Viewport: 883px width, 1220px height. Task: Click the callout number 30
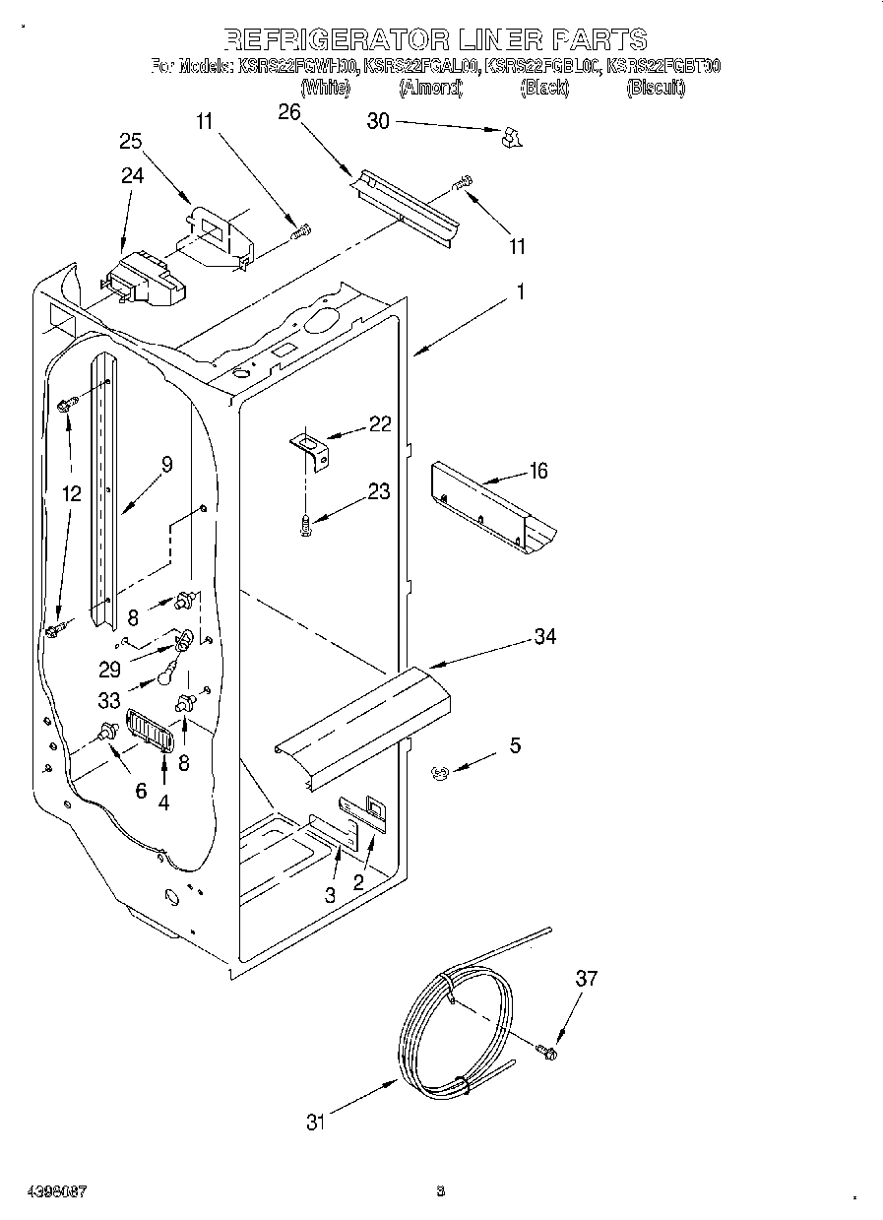[x=378, y=121]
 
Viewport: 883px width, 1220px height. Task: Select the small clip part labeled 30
[x=509, y=138]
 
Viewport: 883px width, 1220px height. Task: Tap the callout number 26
[x=288, y=112]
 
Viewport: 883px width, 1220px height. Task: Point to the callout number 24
[x=132, y=176]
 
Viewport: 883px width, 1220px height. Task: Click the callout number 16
[x=537, y=472]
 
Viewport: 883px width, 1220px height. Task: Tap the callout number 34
[x=544, y=637]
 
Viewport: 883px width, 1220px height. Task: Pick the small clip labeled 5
[x=440, y=775]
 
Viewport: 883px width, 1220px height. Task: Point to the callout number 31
[x=314, y=1122]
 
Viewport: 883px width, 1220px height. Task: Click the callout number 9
[x=166, y=465]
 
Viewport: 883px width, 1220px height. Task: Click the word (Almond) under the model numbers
[x=430, y=88]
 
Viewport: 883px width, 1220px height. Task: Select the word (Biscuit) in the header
[x=656, y=88]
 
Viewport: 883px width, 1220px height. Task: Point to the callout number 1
[x=521, y=291]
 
